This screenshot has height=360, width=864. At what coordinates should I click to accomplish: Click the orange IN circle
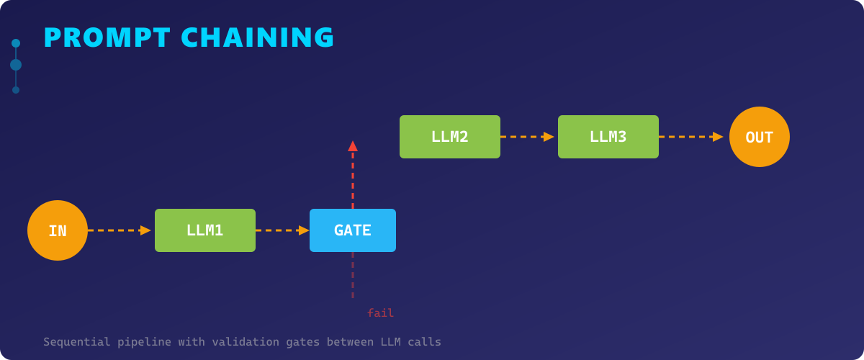(58, 230)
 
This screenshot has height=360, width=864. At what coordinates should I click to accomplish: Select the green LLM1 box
(205, 230)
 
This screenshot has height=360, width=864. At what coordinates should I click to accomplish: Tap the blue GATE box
(353, 230)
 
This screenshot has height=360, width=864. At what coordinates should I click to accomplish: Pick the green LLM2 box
(450, 137)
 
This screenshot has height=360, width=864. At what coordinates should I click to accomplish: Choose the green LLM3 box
(608, 137)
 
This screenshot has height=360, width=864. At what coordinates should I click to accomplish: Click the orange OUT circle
(760, 137)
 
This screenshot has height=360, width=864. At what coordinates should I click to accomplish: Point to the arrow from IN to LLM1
(119, 230)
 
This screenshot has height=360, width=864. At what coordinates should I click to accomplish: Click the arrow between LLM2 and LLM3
(527, 137)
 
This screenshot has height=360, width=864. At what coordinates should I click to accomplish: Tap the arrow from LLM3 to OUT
(690, 137)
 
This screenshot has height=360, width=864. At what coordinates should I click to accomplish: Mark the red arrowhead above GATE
(353, 146)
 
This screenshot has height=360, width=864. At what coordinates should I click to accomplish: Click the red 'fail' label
(380, 313)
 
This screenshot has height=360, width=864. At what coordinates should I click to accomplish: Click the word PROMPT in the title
(107, 38)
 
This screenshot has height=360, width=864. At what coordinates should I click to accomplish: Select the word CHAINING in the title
(258, 38)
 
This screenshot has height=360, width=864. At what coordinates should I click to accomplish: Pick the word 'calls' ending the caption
(425, 342)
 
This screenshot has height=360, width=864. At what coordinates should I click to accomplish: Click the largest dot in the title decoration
(16, 65)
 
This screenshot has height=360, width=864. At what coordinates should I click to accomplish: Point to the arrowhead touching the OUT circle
(718, 137)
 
